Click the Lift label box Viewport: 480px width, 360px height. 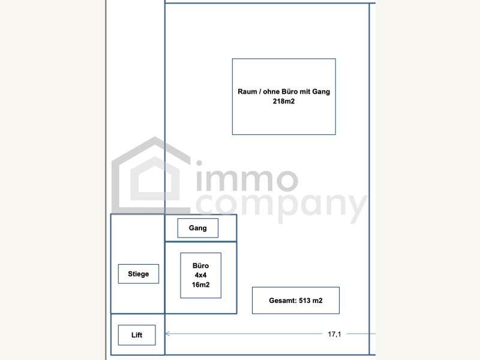(137, 335)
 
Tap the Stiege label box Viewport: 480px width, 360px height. (139, 274)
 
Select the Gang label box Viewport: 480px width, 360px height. (198, 228)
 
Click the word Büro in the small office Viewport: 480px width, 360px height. (200, 266)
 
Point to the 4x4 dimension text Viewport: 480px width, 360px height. (200, 275)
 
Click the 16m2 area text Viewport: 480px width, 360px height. (200, 285)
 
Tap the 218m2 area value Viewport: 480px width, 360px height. (283, 101)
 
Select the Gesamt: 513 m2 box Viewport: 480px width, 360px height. (296, 301)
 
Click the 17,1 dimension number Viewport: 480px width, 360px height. (334, 334)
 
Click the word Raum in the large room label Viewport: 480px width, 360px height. (247, 92)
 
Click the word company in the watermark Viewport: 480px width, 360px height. (281, 208)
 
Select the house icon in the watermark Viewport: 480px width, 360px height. (151, 175)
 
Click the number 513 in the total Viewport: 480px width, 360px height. (305, 301)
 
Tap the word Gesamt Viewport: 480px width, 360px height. (283, 301)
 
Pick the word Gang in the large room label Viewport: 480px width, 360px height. (321, 92)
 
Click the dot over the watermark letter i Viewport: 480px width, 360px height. (199, 164)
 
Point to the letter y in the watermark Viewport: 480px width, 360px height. (356, 209)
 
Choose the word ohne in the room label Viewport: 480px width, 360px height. (271, 92)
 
